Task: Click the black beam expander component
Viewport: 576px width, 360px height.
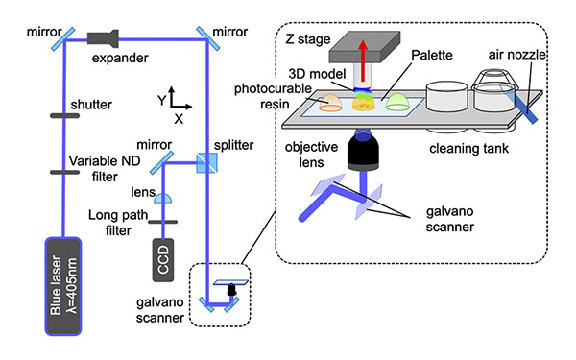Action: pyautogui.click(x=103, y=38)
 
